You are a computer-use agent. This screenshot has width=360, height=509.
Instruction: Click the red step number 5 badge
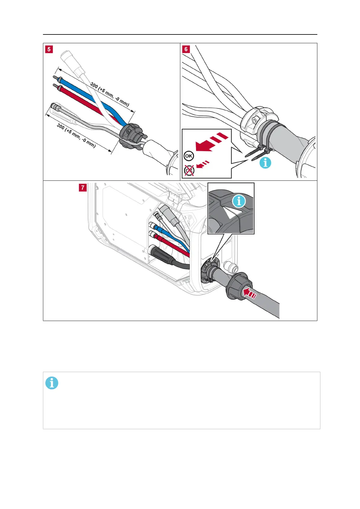49,49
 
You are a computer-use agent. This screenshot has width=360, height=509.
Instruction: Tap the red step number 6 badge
186,49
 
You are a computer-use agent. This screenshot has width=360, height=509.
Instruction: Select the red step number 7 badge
82,188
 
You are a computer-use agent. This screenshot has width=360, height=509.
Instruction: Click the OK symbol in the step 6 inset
188,156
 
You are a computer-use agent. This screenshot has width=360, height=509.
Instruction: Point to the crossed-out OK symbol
189,170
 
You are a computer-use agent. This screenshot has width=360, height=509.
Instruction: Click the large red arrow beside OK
210,142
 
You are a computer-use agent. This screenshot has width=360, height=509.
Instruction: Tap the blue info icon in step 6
265,163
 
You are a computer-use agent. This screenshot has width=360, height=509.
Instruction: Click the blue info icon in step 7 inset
239,201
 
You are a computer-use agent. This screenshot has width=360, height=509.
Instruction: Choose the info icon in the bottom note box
52,383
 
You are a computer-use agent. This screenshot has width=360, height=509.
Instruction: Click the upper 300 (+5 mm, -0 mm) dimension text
110,94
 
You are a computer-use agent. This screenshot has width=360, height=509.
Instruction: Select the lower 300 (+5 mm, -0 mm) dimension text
76,136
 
